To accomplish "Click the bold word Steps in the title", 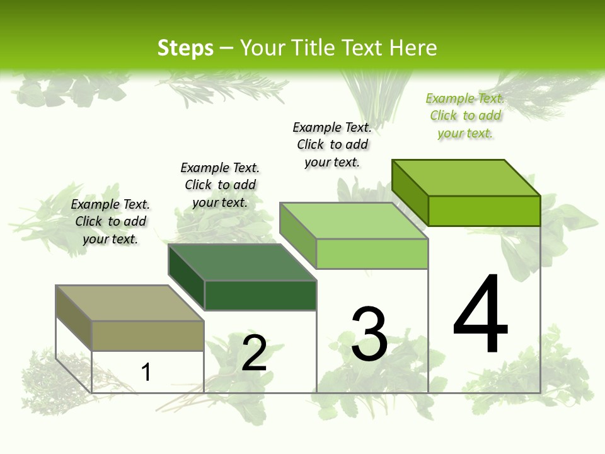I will point(185,48).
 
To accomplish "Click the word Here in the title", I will point(413,48).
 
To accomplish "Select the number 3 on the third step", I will point(369,334).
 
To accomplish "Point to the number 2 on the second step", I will point(255,353).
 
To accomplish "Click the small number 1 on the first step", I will point(146,372).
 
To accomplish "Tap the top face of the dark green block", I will point(242,262).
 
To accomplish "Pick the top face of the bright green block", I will point(466,178).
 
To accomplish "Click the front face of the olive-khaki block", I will point(147,335).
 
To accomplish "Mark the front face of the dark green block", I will point(260,295).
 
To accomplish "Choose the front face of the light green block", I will point(372,253).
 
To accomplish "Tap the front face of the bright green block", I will point(484,211).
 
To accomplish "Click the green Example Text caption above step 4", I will point(465,115).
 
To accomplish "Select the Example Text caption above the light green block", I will point(332,144).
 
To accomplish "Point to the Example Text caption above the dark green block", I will point(220,185).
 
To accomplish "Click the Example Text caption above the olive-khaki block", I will point(110,221).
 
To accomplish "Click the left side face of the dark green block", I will point(187,277).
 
